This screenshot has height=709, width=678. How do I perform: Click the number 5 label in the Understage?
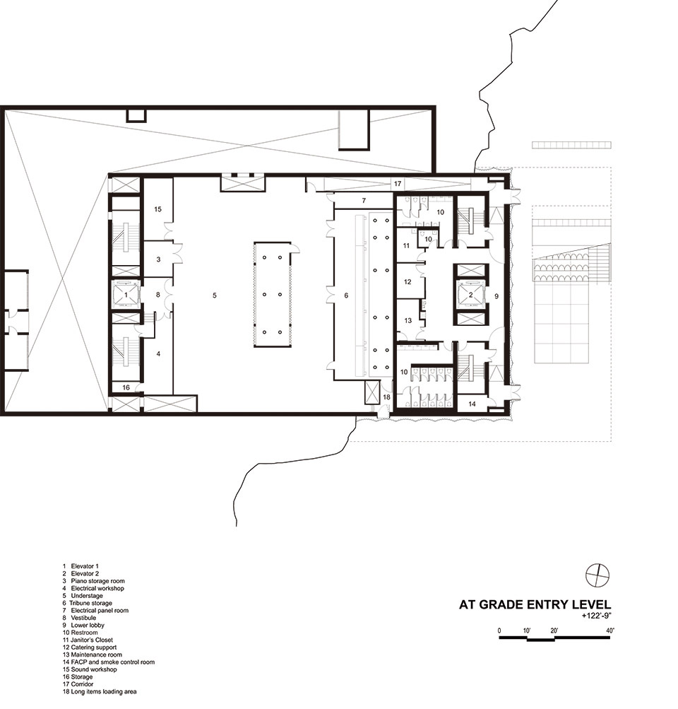tap(215, 295)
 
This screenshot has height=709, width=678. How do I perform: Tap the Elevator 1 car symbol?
tap(126, 295)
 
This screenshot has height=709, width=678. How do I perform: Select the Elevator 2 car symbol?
tap(470, 294)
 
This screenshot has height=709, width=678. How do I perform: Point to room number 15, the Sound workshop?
tap(157, 209)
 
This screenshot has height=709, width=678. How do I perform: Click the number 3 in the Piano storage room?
tap(158, 259)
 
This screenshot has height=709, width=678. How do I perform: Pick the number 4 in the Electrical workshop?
tap(158, 353)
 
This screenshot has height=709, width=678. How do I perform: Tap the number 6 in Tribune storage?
tap(347, 295)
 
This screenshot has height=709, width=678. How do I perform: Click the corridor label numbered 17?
tap(398, 184)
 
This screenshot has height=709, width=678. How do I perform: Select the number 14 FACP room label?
tap(472, 404)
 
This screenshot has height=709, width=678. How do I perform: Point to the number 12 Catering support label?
tap(408, 282)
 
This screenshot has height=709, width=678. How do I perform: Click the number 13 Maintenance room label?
tap(408, 321)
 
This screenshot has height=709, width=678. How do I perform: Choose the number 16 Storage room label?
tap(126, 387)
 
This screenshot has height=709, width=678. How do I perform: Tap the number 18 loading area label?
tap(386, 397)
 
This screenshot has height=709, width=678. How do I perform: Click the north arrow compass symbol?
tap(597, 575)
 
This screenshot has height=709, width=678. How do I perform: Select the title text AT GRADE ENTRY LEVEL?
tap(535, 604)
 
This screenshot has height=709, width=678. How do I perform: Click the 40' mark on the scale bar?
tap(610, 631)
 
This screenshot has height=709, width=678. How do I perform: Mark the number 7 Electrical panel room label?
tap(364, 200)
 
